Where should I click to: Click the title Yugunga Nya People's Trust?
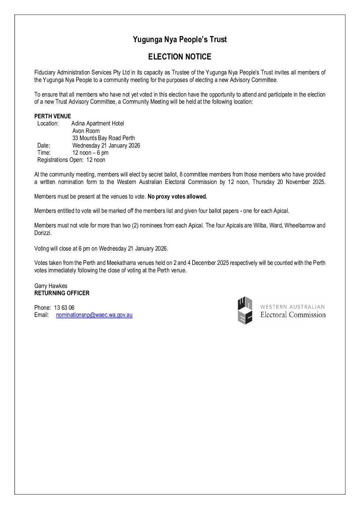coord(180,39)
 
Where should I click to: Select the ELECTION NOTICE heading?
coord(180,57)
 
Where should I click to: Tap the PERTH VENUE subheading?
coord(53,116)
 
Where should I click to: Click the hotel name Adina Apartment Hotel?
coord(98,123)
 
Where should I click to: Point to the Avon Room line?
coord(86,131)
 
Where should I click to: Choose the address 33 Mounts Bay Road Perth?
coord(103,138)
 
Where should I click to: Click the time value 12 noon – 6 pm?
coord(90,153)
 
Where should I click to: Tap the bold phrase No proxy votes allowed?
coord(177,197)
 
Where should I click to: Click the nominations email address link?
coord(94,315)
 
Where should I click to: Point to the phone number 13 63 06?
coord(64,308)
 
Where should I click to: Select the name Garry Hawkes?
coord(51,286)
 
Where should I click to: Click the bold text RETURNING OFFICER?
coord(62,293)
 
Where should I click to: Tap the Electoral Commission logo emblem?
coord(245,310)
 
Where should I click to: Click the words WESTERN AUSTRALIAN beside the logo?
coord(293,307)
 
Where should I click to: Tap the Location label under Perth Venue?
coord(48,123)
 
